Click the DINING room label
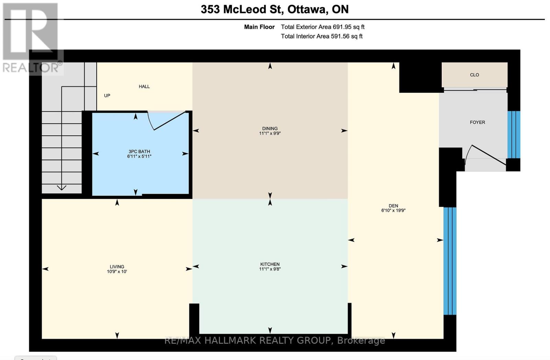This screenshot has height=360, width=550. coord(270,128)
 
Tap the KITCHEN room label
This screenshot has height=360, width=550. coord(270,264)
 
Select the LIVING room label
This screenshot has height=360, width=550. coord(117,267)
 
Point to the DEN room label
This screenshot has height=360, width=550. coord(393,206)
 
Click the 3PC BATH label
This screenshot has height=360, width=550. coord(139,151)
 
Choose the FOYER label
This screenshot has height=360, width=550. coord(477,122)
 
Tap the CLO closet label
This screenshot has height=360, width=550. coord(474,75)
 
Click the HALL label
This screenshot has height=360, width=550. coord(144,86)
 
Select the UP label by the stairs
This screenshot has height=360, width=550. coord(107,95)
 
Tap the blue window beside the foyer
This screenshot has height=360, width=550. coord(514,135)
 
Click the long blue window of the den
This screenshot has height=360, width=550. coord(450,261)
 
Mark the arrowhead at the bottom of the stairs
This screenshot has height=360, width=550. coord(62,188)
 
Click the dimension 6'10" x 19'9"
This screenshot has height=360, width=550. coord(393,210)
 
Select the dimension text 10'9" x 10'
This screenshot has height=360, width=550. coord(117,271)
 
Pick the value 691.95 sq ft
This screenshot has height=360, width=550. coord(349,27)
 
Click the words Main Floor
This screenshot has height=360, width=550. coord(259,27)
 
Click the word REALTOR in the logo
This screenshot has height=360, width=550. coord(31,68)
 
